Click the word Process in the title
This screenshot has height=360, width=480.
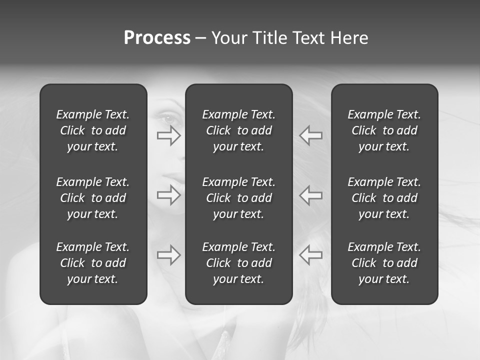click(157, 38)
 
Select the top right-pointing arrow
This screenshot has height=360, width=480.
click(169, 135)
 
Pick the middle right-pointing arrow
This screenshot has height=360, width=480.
click(169, 194)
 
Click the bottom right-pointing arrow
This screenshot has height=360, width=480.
click(169, 255)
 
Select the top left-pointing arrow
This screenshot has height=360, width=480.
click(310, 135)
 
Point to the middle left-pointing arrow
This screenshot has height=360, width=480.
click(310, 194)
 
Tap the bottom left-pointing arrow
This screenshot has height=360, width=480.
click(310, 255)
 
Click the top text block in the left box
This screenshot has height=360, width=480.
click(93, 130)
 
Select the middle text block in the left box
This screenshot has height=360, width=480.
click(93, 198)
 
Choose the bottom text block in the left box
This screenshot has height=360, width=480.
click(93, 263)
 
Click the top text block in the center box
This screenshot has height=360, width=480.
click(239, 130)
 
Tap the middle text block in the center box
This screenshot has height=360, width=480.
click(239, 198)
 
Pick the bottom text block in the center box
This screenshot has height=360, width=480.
click(239, 263)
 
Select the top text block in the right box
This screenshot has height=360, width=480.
click(384, 130)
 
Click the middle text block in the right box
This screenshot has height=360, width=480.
click(384, 198)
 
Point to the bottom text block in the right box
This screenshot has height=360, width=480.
click(384, 263)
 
